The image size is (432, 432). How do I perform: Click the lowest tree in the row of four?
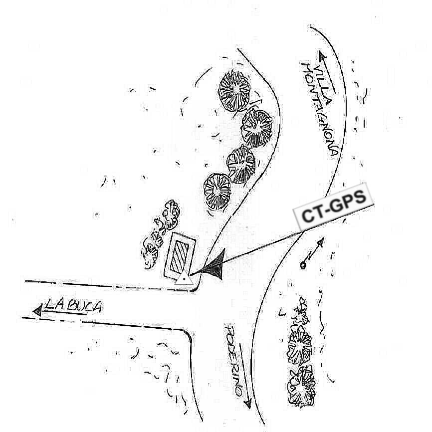click(217, 192)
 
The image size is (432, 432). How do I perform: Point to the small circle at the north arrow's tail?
click(302, 265)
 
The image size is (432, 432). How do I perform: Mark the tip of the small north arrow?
click(323, 239)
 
